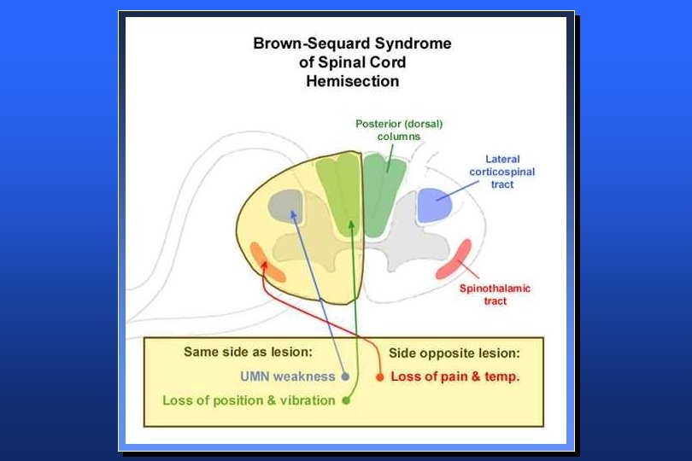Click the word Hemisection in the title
click(x=352, y=82)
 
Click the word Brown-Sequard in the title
click(x=304, y=44)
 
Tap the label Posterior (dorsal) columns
click(x=399, y=130)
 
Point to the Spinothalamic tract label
click(x=495, y=295)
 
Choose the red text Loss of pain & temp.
click(x=454, y=376)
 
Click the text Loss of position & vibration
click(x=249, y=400)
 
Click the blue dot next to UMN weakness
click(x=344, y=376)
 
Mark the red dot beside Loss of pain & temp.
click(x=380, y=376)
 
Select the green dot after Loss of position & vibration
click(x=345, y=400)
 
